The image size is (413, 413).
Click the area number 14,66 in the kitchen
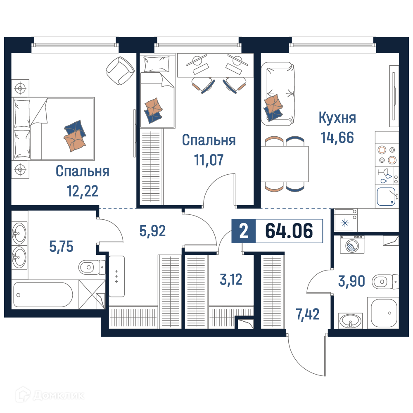(x=337, y=138)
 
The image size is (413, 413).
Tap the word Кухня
(x=337, y=118)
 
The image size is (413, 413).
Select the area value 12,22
(x=83, y=191)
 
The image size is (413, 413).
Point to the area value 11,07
(x=209, y=160)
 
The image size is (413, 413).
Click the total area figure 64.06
(x=289, y=231)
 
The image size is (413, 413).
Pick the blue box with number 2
(x=244, y=231)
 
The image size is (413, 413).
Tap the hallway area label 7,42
(x=308, y=314)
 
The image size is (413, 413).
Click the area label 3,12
(x=231, y=280)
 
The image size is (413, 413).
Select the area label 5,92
(x=152, y=231)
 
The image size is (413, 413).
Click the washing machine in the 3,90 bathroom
(x=352, y=244)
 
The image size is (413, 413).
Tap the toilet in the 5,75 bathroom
(x=92, y=267)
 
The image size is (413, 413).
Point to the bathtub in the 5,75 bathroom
(x=43, y=295)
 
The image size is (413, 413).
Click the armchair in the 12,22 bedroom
(x=120, y=71)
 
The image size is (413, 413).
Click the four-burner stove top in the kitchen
(x=387, y=155)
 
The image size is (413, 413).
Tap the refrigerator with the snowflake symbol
(x=346, y=220)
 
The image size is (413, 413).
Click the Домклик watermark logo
(x=50, y=395)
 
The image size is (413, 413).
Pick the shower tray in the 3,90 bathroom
(x=384, y=313)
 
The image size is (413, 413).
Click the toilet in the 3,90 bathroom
(x=385, y=282)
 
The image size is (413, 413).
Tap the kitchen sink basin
(x=386, y=196)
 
